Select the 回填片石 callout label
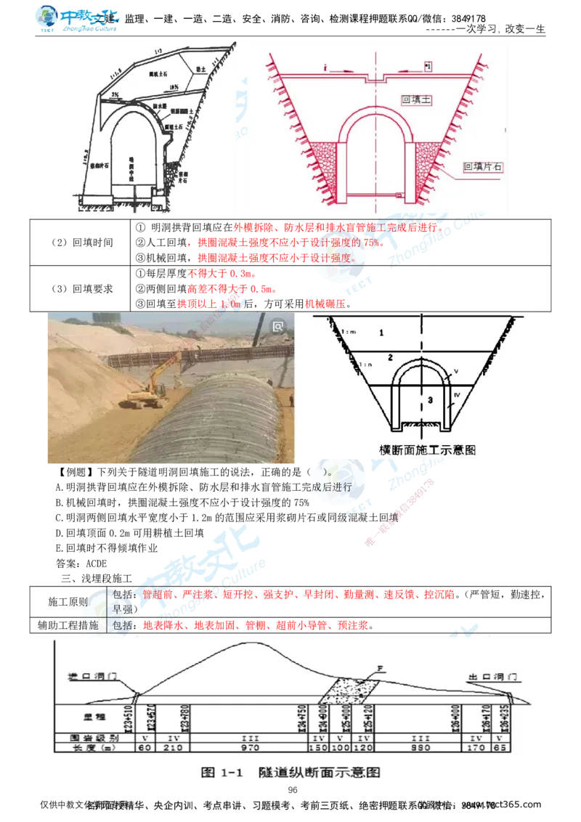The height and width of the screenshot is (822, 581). [x=484, y=167]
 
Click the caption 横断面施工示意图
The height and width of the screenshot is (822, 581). [x=428, y=449]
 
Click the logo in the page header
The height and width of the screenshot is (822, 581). [x=78, y=20]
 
